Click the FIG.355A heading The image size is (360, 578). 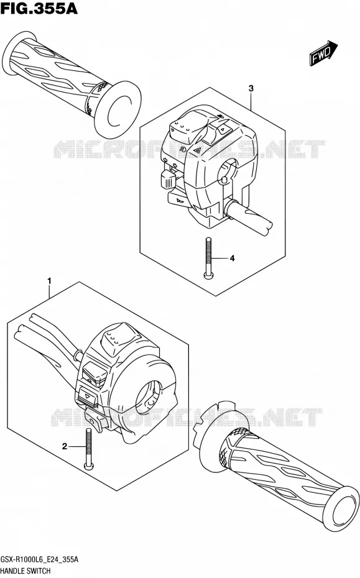click(39, 8)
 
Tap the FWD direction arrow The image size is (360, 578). click(323, 53)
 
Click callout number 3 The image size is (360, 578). click(251, 88)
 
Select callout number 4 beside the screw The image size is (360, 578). click(232, 259)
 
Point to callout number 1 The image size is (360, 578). click(49, 282)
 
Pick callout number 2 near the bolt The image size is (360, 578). click(65, 447)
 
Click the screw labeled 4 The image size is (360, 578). click(208, 257)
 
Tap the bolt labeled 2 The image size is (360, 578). click(89, 450)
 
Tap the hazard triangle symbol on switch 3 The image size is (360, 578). click(197, 150)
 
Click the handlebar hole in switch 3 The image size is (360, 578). click(226, 172)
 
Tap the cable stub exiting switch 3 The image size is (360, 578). click(249, 217)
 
